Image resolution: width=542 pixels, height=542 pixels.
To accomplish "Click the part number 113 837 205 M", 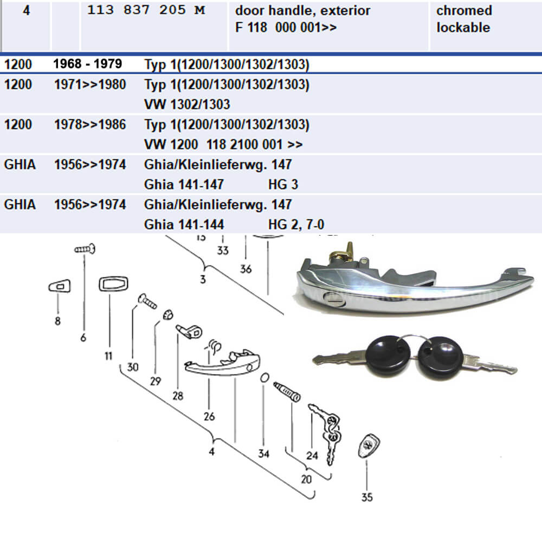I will [146, 10].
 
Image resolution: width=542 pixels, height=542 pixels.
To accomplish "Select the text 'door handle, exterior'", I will [302, 10].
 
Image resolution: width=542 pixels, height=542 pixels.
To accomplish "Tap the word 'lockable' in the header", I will [463, 27].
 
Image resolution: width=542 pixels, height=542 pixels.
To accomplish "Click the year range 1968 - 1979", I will [87, 64].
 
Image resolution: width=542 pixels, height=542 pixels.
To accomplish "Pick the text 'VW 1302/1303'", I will [187, 104].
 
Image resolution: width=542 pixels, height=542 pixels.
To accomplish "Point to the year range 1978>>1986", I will [90, 125].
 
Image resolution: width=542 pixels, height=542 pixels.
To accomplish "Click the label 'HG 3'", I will [283, 185].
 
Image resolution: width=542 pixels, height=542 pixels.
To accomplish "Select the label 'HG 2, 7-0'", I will [296, 224].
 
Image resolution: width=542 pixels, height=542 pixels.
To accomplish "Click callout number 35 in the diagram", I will [367, 497].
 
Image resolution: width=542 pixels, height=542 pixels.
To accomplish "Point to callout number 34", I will [263, 454].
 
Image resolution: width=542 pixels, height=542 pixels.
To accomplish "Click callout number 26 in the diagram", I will [209, 416].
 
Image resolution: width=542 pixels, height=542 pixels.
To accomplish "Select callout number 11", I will [108, 356].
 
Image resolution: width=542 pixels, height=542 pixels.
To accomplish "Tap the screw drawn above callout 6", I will [86, 250].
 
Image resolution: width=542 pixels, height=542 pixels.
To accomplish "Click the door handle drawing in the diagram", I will [222, 364].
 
